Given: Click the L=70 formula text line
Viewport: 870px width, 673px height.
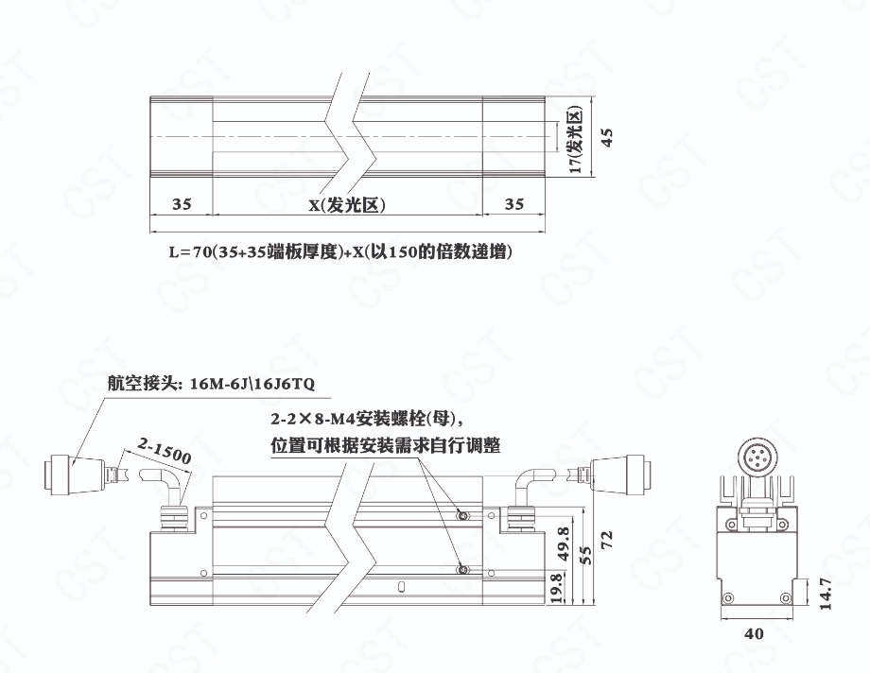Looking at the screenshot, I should tap(340, 252).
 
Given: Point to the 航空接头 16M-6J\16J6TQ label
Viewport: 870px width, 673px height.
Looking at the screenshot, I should tap(217, 385).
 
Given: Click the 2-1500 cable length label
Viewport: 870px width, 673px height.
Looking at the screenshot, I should tap(165, 451).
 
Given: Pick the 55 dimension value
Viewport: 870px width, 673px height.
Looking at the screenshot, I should tap(586, 554).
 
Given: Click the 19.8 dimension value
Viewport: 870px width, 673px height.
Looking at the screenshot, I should tap(557, 588).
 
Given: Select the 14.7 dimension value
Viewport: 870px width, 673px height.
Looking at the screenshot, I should tap(824, 595).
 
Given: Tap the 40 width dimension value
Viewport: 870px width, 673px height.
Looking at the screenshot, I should tap(754, 634).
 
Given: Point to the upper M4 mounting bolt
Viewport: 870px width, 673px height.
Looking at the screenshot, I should tap(462, 515).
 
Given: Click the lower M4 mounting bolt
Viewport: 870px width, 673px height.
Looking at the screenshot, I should tap(462, 568).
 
